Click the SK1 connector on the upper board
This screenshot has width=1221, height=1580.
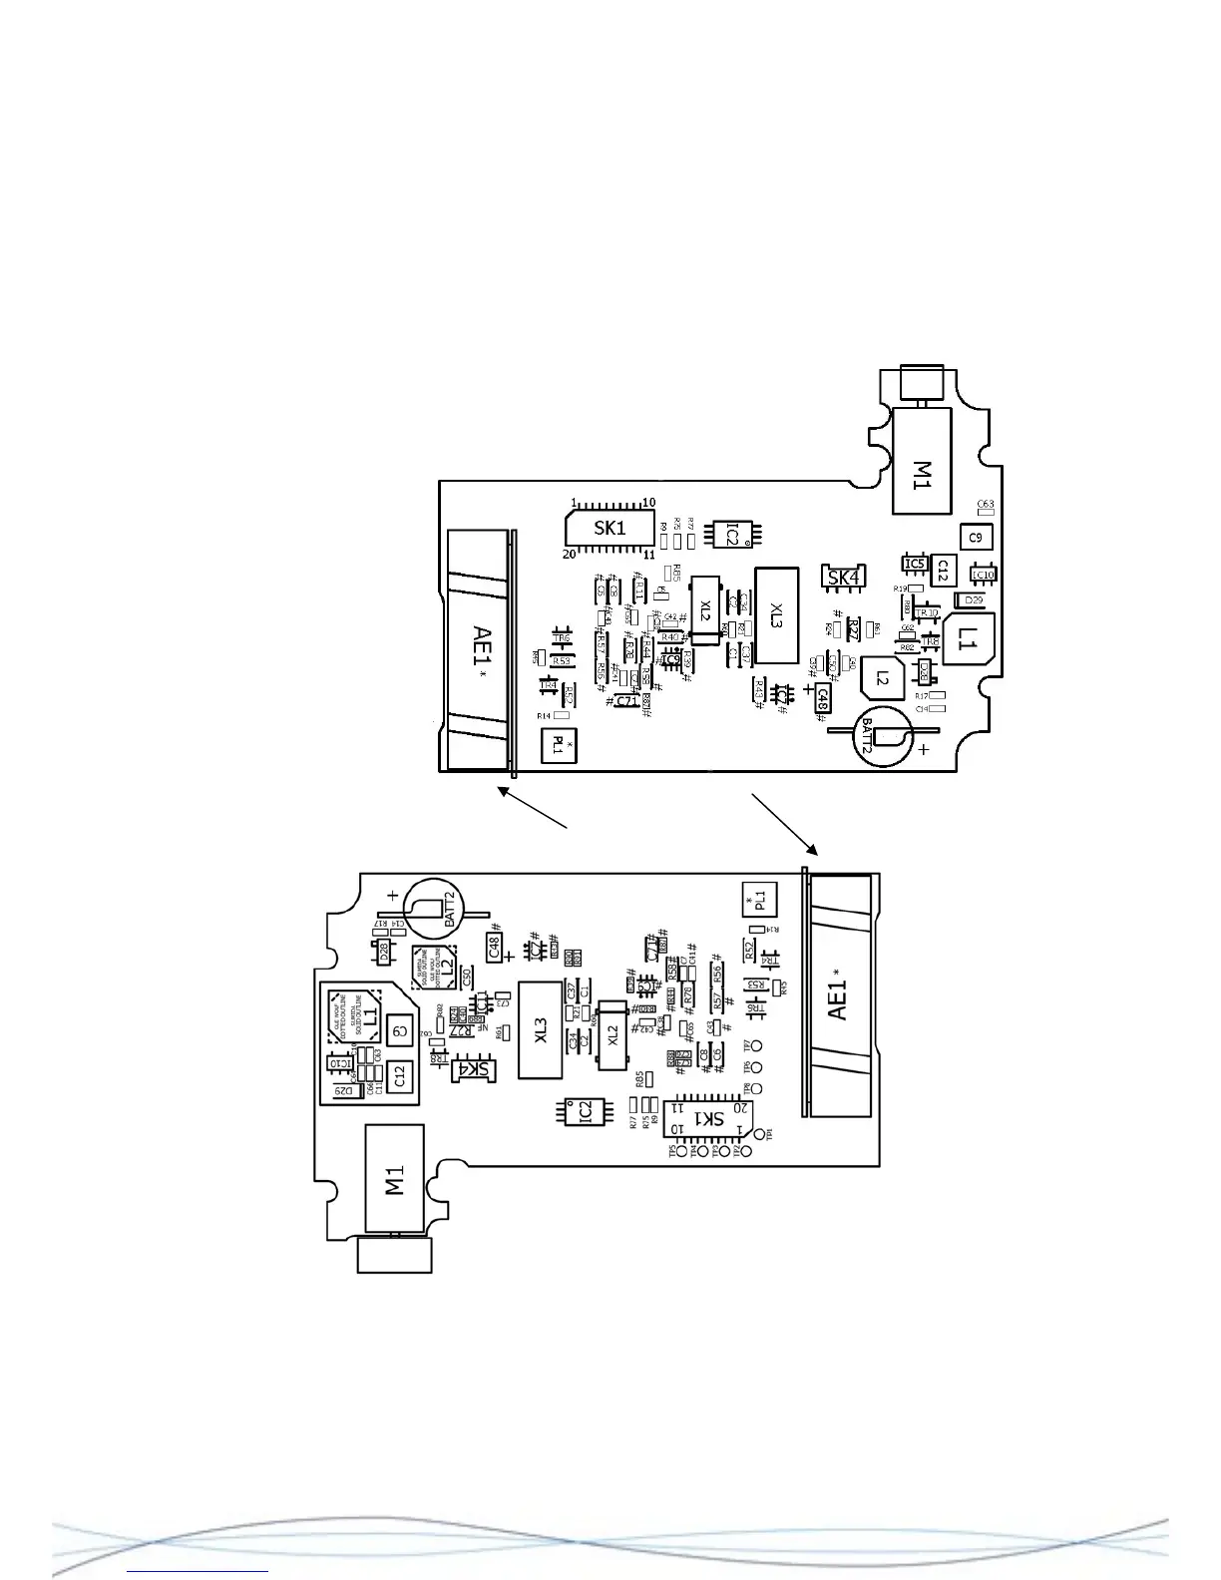610,528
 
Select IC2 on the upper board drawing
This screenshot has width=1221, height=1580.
732,535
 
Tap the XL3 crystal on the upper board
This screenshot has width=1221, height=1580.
777,615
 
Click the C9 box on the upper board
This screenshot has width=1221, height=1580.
977,537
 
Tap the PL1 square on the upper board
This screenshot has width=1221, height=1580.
559,745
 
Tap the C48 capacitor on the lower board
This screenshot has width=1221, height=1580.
495,946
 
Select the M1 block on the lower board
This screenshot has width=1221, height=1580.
395,1179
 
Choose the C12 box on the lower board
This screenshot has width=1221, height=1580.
400,1074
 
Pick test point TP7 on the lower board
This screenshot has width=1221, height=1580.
756,1046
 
